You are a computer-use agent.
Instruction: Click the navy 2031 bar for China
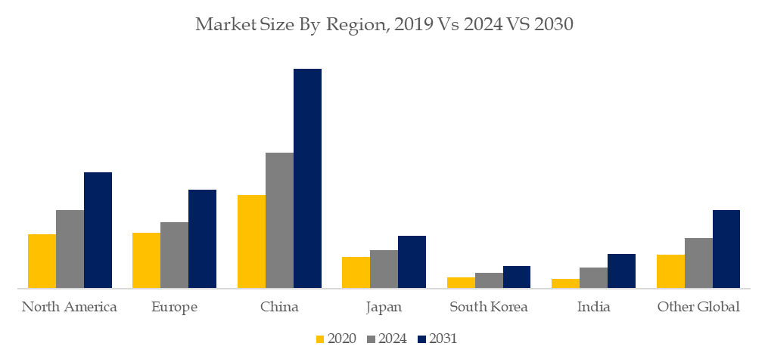pos(308,178)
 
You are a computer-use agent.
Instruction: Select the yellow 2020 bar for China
pos(251,241)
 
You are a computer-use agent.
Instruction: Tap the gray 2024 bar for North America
pos(70,249)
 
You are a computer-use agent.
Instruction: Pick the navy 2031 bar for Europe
pos(202,239)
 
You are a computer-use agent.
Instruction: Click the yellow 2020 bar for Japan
pos(356,273)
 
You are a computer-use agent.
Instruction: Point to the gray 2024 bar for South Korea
pos(489,280)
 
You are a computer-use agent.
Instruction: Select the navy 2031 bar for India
pos(621,271)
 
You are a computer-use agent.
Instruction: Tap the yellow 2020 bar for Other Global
pos(670,271)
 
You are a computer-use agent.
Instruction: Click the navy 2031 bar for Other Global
pos(726,249)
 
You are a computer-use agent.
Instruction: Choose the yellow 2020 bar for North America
pos(42,261)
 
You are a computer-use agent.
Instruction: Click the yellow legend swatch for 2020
pos(321,339)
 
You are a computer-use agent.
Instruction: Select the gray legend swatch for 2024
pos(372,339)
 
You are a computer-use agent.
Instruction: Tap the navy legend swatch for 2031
pos(422,339)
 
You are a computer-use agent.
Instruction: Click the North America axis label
pos(70,308)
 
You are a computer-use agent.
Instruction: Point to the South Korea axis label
pos(489,308)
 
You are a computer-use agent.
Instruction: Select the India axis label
pos(594,308)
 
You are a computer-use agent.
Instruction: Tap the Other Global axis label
pos(698,308)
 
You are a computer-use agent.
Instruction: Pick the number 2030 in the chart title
pos(553,24)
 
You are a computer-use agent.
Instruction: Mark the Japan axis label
pos(384,308)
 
